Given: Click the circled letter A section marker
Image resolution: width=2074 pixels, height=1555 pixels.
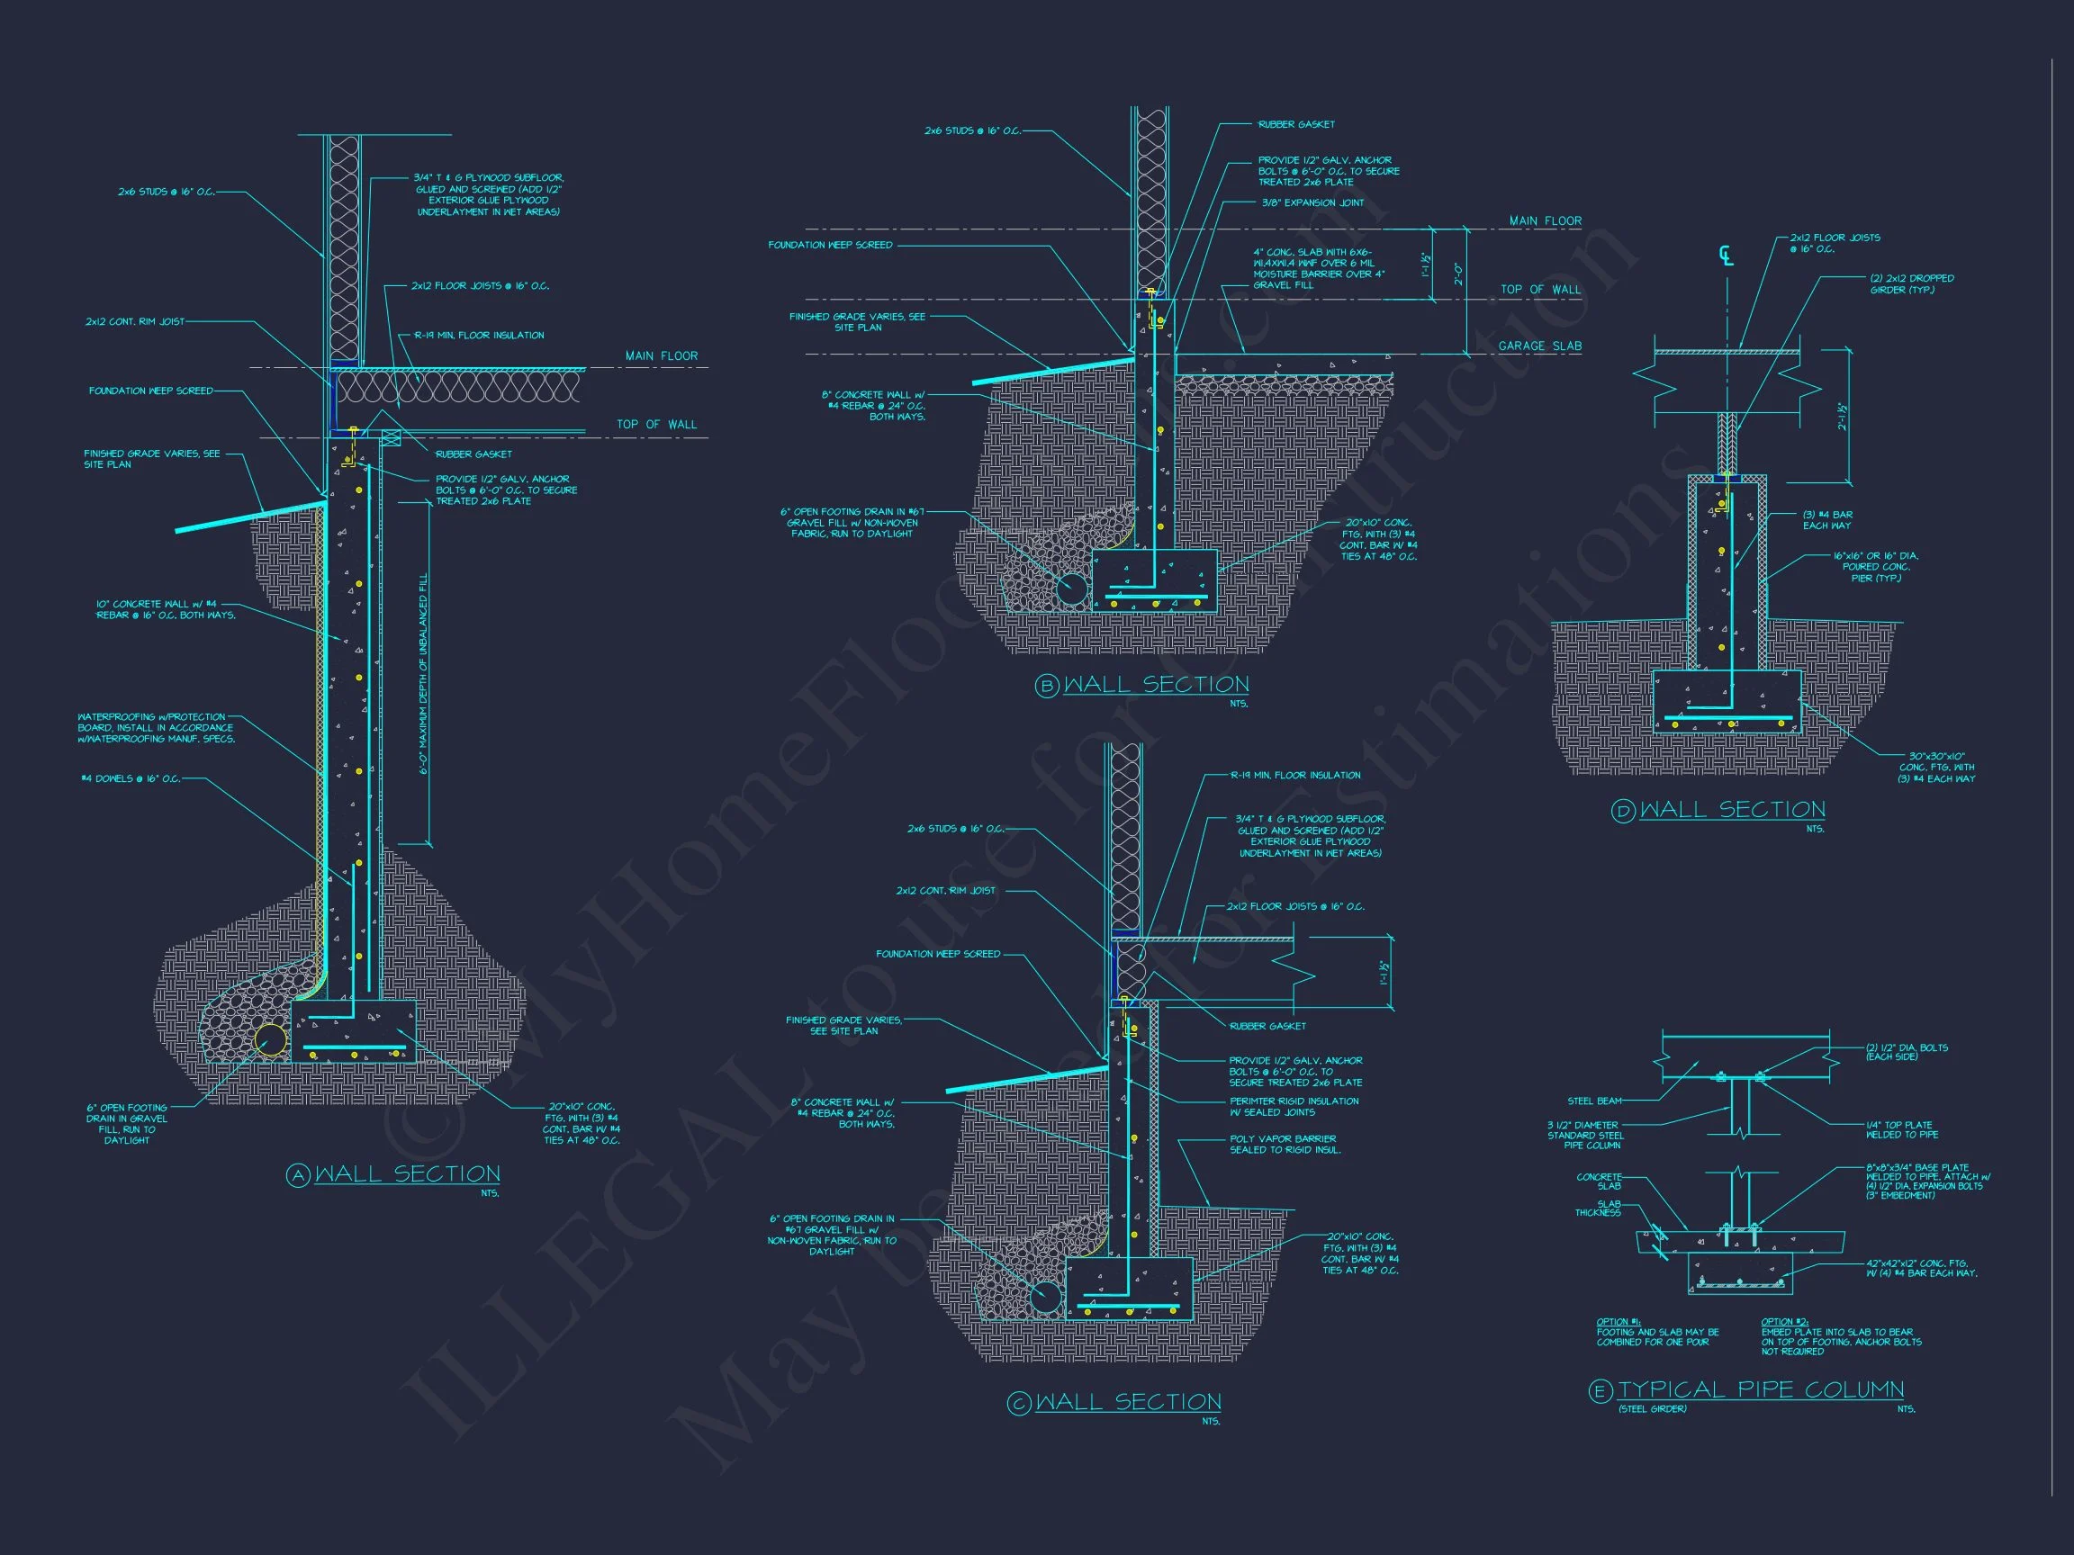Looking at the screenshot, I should point(297,1176).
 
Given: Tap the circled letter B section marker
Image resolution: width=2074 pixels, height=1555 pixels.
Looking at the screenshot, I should point(1046,686).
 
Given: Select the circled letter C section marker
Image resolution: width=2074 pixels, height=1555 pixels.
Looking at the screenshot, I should point(1018,1403).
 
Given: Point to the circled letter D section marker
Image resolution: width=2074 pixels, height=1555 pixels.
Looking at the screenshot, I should point(1623,812).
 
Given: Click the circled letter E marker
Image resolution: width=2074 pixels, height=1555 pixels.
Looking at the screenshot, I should point(1601,1392).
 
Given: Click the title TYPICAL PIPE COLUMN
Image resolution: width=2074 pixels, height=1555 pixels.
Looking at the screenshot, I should point(1761,1390).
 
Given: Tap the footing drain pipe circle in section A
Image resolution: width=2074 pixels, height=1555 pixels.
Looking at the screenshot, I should point(271,1040).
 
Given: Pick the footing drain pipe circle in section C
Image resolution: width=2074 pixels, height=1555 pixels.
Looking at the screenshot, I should point(1046,1299).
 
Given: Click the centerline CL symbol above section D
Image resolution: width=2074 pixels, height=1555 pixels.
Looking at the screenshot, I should point(1726,255).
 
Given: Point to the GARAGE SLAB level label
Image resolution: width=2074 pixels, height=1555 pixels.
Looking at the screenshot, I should point(1539,346).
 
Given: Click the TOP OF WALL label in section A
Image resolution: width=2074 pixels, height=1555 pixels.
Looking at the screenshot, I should point(656,425).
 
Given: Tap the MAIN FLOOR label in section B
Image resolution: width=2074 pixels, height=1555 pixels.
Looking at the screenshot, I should point(1546,221).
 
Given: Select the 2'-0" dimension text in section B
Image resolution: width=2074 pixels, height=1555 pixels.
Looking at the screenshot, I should point(1456,274).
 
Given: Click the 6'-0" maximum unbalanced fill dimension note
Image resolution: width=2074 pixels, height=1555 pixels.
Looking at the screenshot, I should point(424,673).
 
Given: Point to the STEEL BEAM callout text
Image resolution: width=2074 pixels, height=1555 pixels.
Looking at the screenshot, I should point(1594,1101).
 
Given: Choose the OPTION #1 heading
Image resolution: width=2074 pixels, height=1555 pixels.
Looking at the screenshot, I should point(1617,1322).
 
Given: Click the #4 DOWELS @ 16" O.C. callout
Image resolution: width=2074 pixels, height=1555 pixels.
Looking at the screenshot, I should point(131,779).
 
